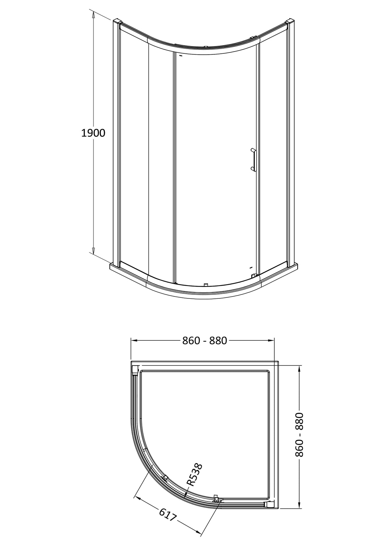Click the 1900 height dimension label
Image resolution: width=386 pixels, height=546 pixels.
pyautogui.click(x=93, y=133)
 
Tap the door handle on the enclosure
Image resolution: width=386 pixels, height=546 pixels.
pyautogui.click(x=253, y=160)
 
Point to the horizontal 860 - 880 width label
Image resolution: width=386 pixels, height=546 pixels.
pyautogui.click(x=205, y=341)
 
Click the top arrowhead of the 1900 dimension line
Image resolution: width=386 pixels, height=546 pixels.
pyautogui.click(x=93, y=14)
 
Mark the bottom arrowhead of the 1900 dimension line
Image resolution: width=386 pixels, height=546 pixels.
pyautogui.click(x=93, y=251)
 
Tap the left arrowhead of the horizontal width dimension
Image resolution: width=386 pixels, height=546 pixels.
pyautogui.click(x=134, y=341)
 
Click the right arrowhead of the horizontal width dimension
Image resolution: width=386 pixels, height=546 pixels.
pyautogui.click(x=271, y=341)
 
